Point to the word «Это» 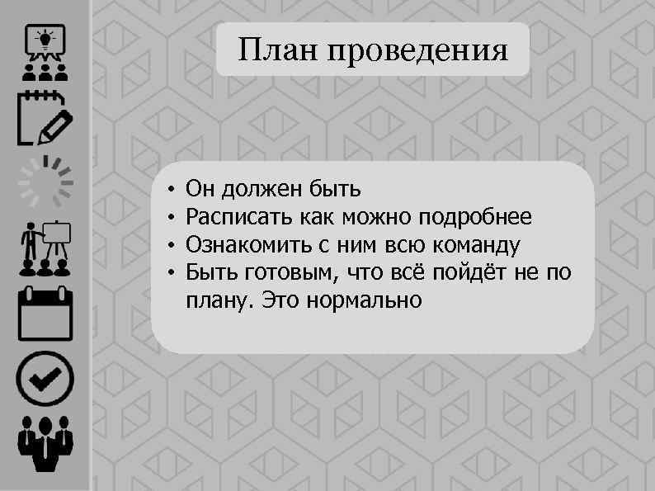(280, 299)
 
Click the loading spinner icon (45, 181)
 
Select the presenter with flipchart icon (45, 248)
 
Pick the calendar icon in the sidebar (45, 313)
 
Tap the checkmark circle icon (45, 379)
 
